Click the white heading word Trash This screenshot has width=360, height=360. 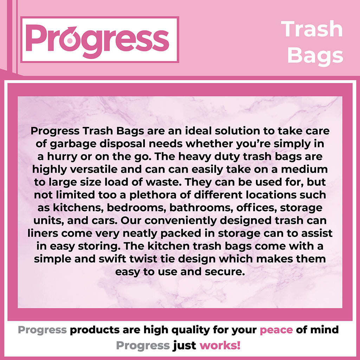[312, 29]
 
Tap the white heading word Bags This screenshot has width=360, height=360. [315, 56]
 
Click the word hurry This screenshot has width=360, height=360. [62, 157]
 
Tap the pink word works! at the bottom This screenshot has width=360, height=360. [220, 345]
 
